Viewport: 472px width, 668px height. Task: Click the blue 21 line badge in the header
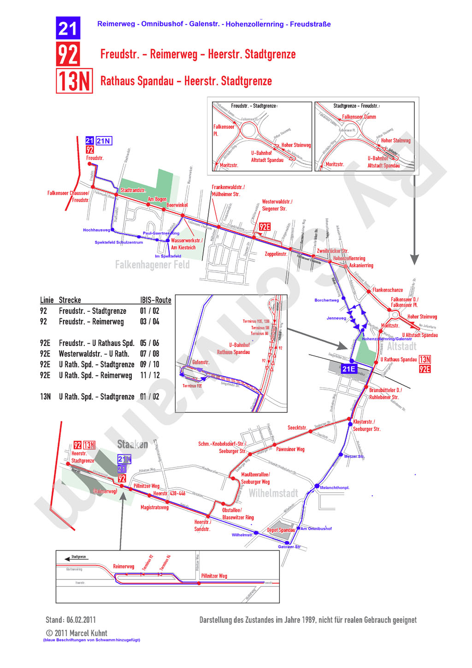pyautogui.click(x=68, y=28)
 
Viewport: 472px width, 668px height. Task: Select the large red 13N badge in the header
pyautogui.click(x=74, y=81)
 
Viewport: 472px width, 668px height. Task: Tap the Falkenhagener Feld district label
pyautogui.click(x=152, y=265)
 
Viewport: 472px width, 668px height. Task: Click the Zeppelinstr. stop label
pyautogui.click(x=276, y=254)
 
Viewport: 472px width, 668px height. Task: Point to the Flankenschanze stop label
pyautogui.click(x=388, y=290)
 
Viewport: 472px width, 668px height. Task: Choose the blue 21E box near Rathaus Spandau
pyautogui.click(x=348, y=369)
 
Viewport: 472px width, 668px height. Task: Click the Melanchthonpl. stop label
pyautogui.click(x=335, y=488)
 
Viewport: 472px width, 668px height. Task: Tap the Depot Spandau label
pyautogui.click(x=281, y=530)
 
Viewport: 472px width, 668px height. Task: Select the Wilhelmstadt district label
pyautogui.click(x=273, y=494)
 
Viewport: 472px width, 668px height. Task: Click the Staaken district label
pyautogui.click(x=132, y=444)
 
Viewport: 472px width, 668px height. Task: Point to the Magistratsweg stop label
pyautogui.click(x=154, y=507)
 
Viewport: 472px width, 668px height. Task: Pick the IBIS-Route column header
pyautogui.click(x=155, y=300)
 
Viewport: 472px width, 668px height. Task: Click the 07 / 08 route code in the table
pyautogui.click(x=150, y=354)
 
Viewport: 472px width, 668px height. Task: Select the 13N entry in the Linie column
pyautogui.click(x=45, y=397)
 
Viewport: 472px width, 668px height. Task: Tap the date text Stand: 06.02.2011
pyautogui.click(x=71, y=620)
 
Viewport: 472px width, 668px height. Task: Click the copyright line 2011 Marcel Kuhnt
pyautogui.click(x=77, y=633)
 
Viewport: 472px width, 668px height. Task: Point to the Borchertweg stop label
pyautogui.click(x=326, y=300)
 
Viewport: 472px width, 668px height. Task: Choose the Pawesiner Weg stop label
pyautogui.click(x=290, y=449)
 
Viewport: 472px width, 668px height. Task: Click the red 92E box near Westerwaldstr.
pyautogui.click(x=265, y=227)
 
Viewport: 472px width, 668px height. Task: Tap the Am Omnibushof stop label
pyautogui.click(x=316, y=529)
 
